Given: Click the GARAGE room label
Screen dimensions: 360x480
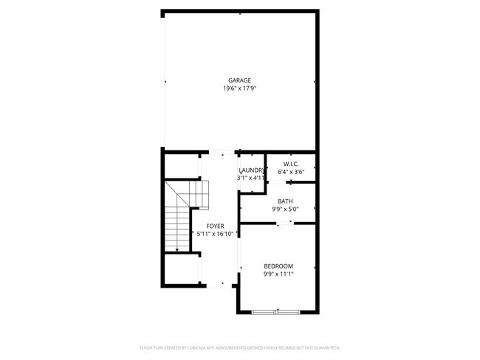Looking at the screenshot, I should [x=239, y=80].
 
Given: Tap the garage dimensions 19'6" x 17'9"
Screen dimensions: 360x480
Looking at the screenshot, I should [x=239, y=89].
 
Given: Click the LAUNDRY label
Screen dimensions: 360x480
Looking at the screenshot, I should [x=251, y=170].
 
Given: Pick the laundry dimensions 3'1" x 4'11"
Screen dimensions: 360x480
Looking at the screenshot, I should [x=251, y=178].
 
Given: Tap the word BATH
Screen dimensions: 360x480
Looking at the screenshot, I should [x=285, y=201].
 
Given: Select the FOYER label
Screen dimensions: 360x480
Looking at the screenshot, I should [x=216, y=226].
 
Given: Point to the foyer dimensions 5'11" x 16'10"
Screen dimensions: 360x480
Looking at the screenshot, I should [x=216, y=234].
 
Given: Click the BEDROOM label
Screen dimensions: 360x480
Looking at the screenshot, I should [x=278, y=266].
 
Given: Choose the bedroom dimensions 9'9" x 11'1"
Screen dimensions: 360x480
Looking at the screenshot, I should [x=278, y=274].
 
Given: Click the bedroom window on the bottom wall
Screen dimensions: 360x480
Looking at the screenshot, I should [x=277, y=312].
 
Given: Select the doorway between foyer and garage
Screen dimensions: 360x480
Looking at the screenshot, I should [x=219, y=152].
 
